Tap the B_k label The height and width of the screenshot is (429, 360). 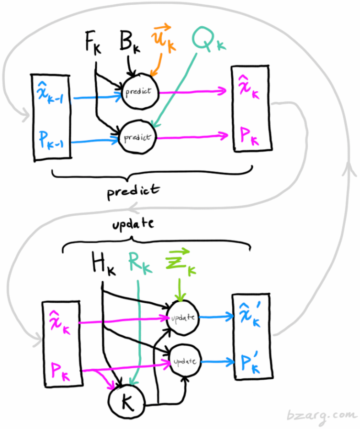(129, 44)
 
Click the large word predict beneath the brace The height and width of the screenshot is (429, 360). (133, 190)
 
